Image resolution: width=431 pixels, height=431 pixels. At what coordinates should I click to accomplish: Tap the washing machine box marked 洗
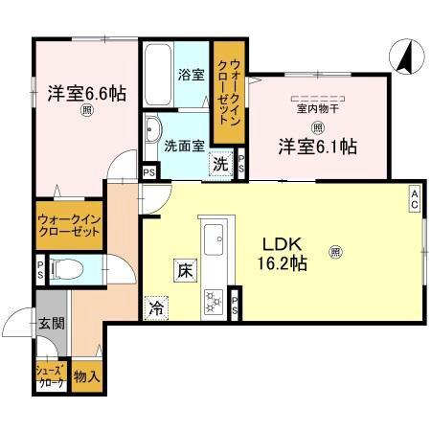point(222,164)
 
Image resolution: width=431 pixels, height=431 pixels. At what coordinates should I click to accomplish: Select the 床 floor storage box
point(183,272)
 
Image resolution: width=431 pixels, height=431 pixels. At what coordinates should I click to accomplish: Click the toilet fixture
point(67,269)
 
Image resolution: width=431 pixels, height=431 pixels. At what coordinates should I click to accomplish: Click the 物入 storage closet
point(86,376)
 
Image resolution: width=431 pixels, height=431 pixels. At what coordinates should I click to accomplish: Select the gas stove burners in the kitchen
point(214,303)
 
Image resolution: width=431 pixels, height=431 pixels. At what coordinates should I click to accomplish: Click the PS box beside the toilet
point(39,269)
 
